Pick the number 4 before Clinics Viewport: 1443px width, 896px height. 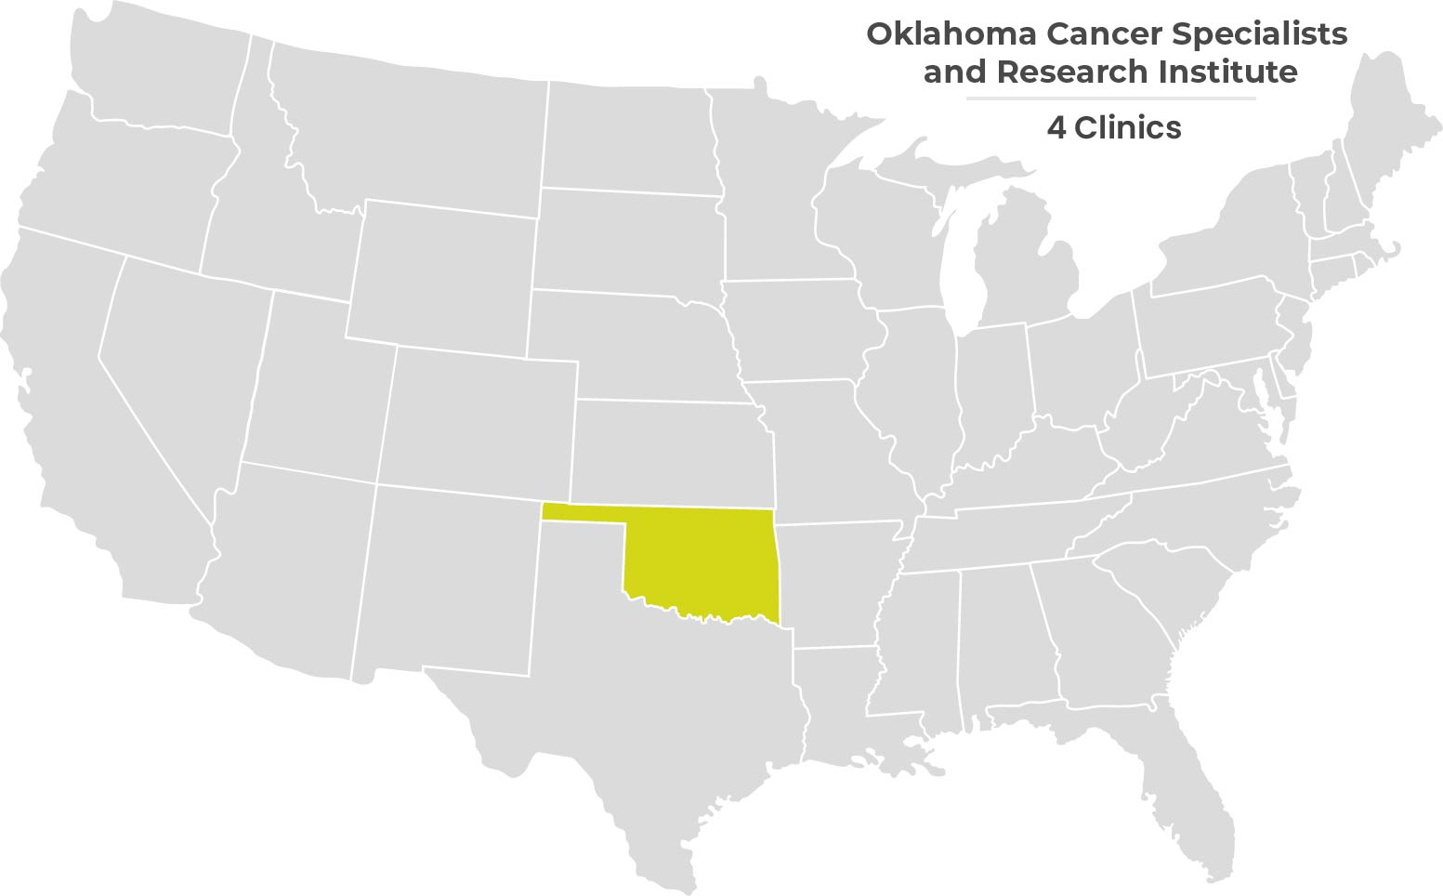tap(1056, 127)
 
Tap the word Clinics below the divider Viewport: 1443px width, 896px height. tap(1128, 127)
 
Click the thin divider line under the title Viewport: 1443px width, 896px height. tap(1110, 98)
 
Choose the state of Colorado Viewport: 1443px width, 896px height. tap(479, 418)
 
